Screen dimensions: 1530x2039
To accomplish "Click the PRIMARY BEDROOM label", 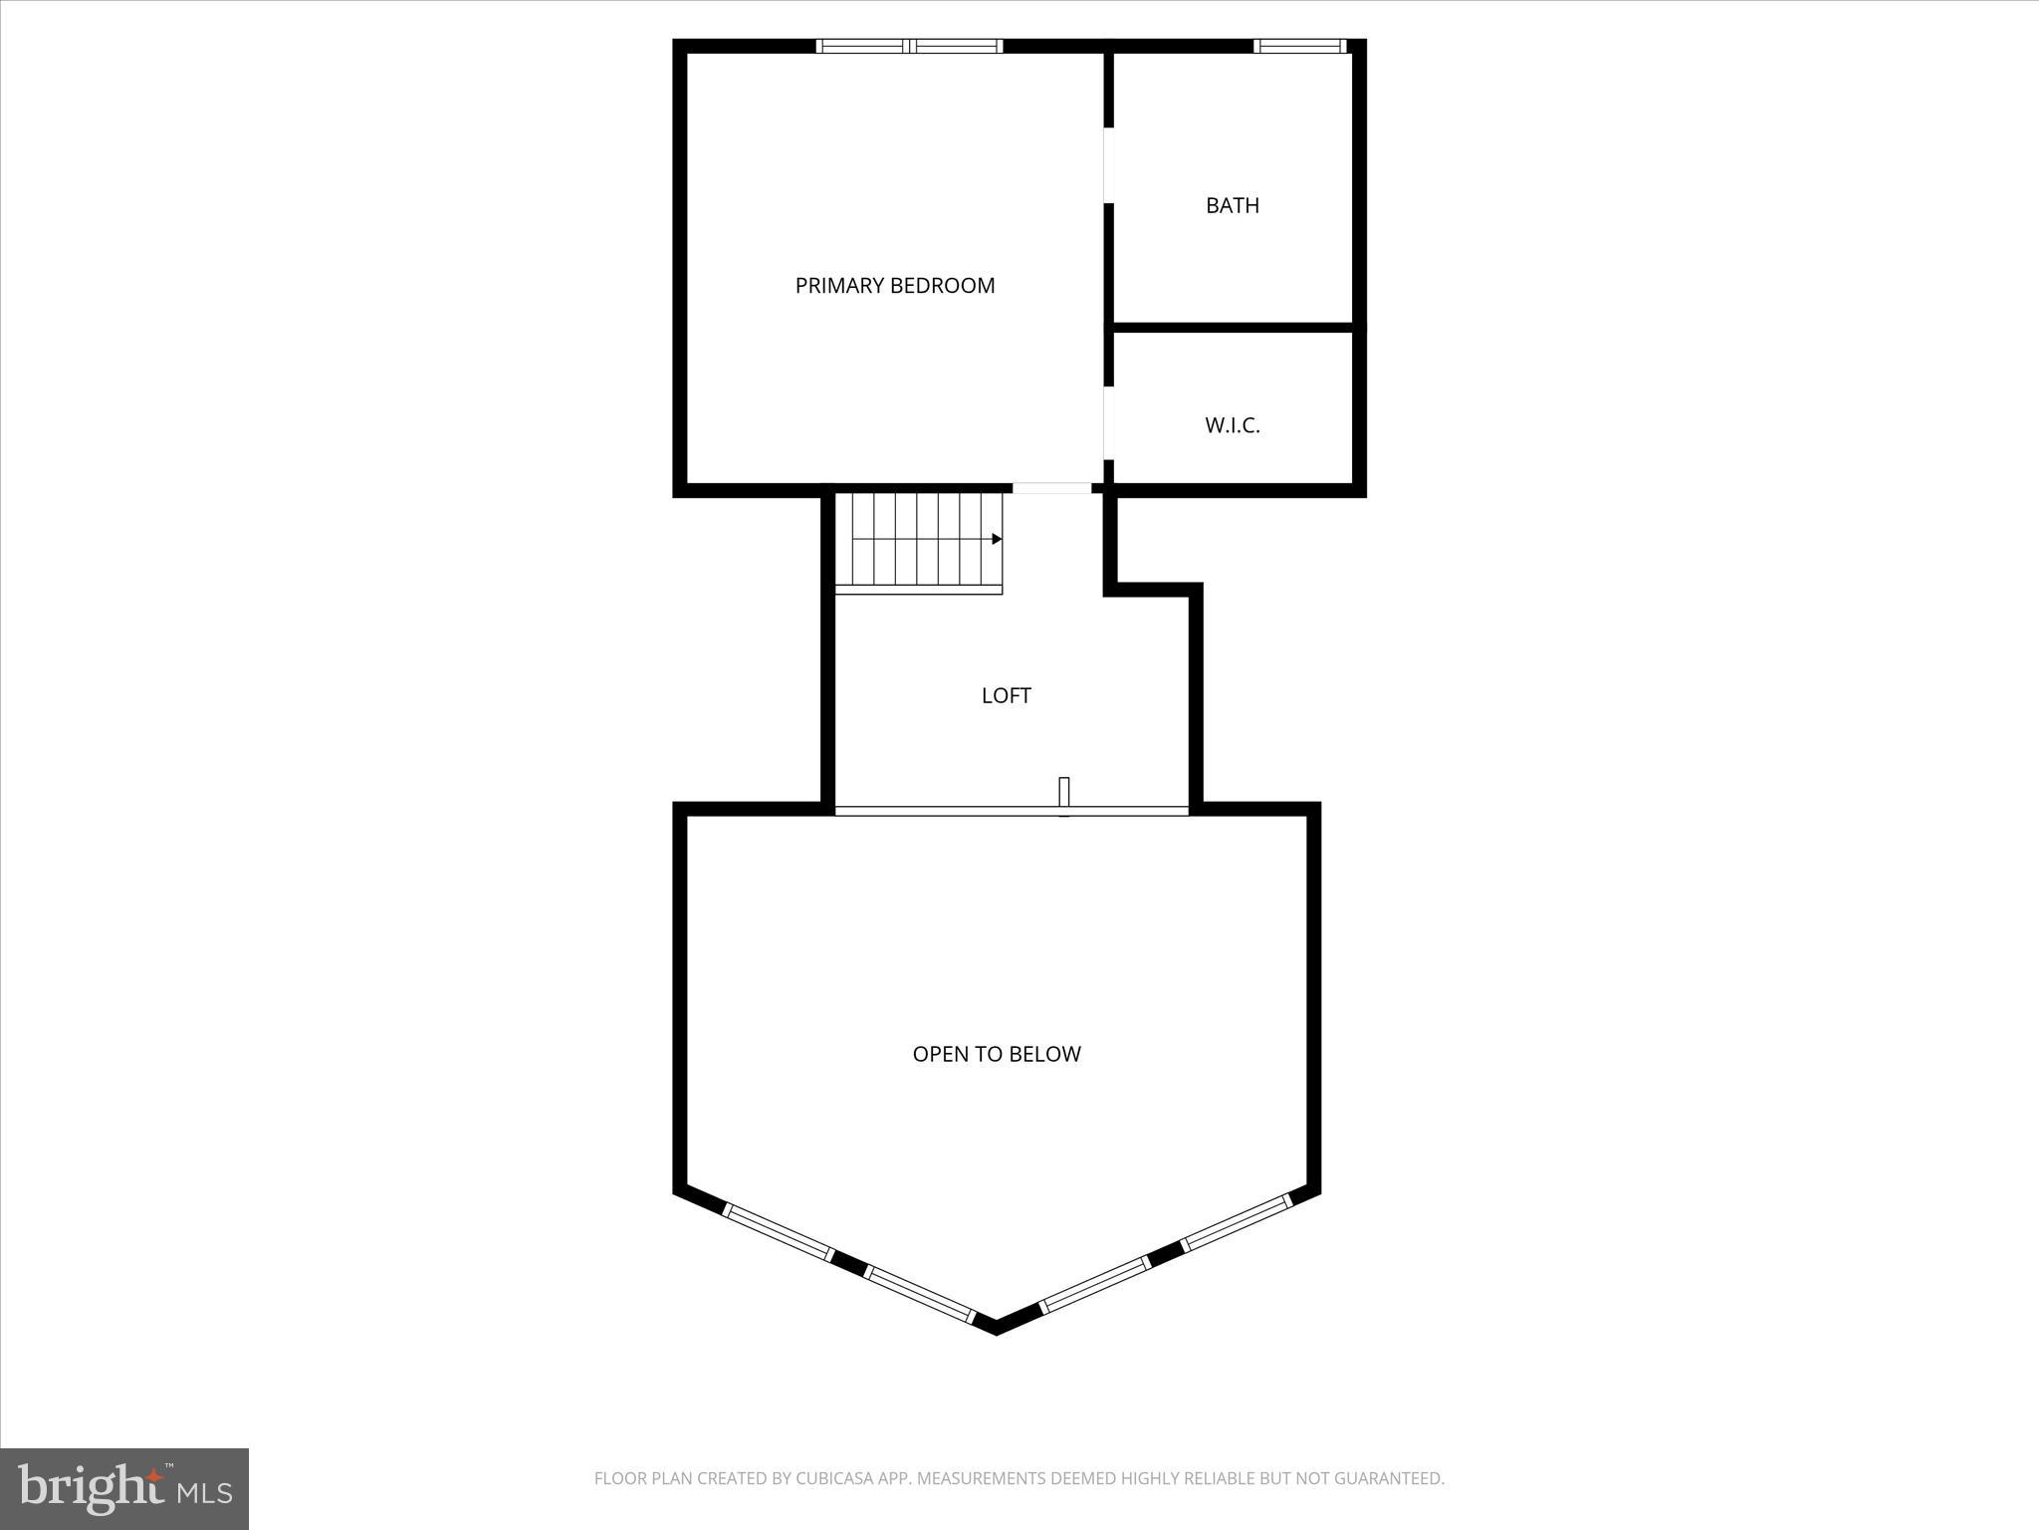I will [894, 286].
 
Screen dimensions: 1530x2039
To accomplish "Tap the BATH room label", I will [1233, 206].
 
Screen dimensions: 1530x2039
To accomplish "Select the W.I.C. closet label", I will [1233, 425].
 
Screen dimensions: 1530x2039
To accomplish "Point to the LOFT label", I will [1006, 695].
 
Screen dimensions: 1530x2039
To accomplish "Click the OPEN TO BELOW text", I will [997, 1054].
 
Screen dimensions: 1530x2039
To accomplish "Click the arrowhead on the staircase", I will [997, 539].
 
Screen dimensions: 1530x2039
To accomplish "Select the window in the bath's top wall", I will [1299, 46].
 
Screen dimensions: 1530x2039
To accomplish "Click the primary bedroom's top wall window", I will [909, 46].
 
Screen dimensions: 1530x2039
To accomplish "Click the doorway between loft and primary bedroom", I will [1051, 488].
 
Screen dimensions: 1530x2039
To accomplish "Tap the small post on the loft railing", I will [1063, 794].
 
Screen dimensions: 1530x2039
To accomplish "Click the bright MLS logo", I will [124, 1488].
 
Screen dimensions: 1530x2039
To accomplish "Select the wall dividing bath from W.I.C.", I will [1233, 327].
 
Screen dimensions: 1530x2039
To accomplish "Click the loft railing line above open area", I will [946, 811].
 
